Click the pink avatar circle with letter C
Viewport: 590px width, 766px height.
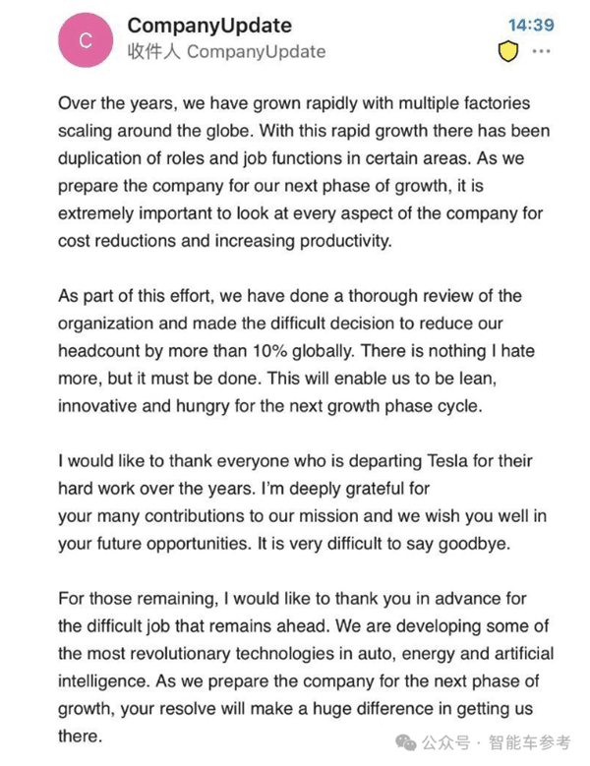(86, 39)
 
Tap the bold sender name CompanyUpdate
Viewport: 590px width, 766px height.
(208, 25)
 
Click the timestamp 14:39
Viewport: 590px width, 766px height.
(530, 25)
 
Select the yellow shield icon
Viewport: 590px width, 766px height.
(507, 52)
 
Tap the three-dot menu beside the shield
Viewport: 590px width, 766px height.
(541, 52)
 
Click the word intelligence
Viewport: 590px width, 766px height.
(103, 680)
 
